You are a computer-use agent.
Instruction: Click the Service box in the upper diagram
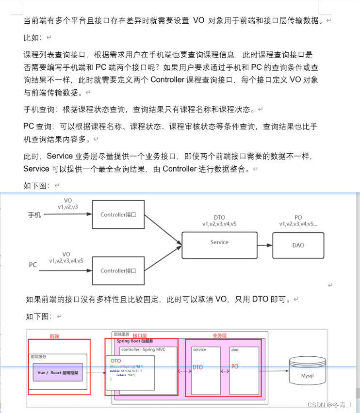[219, 242]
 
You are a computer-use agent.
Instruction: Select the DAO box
[298, 245]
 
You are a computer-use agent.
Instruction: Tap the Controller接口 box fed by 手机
[118, 214]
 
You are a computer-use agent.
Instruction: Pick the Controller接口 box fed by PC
[118, 270]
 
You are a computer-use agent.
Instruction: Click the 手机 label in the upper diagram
[35, 214]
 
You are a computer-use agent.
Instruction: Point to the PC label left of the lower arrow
[33, 265]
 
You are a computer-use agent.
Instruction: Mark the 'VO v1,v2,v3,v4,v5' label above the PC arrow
[66, 257]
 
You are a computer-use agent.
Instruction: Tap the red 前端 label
[54, 336]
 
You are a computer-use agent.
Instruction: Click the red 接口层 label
[140, 335]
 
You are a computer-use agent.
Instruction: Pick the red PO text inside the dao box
[234, 366]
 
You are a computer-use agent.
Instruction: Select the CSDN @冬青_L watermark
[330, 404]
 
